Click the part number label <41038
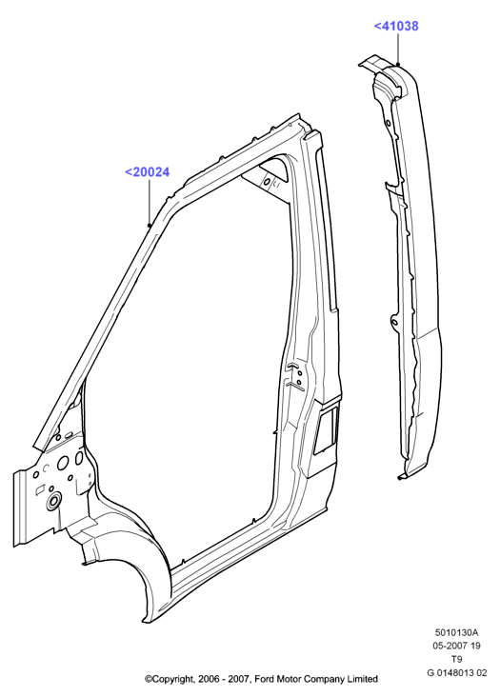(x=396, y=27)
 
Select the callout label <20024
(x=147, y=172)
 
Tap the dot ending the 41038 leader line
(x=398, y=65)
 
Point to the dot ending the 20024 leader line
(x=150, y=226)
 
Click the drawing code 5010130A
(x=457, y=632)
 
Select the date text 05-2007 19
(x=457, y=646)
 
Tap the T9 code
(x=457, y=660)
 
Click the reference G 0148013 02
(x=457, y=673)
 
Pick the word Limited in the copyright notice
(x=363, y=679)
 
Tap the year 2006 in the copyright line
(x=208, y=679)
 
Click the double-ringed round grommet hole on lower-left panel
(x=53, y=501)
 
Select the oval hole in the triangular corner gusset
(x=267, y=182)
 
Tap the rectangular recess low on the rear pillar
(x=327, y=428)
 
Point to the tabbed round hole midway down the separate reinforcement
(x=394, y=319)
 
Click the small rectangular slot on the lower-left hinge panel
(x=40, y=489)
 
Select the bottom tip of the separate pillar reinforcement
(x=400, y=478)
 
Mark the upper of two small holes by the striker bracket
(x=299, y=373)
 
